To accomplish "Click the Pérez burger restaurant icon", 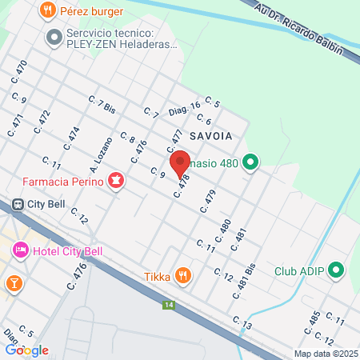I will click(x=48, y=11).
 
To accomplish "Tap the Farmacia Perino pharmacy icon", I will click(x=118, y=182).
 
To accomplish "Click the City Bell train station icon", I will click(x=17, y=203).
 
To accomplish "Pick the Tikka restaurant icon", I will click(x=184, y=277).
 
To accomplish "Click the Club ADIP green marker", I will click(x=335, y=270).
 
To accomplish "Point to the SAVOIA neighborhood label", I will click(x=212, y=136).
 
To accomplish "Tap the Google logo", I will click(x=26, y=350).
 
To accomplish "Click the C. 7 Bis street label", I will click(x=105, y=106).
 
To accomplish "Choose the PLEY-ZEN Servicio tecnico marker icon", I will click(x=54, y=37).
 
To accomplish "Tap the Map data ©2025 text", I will click(x=326, y=354).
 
